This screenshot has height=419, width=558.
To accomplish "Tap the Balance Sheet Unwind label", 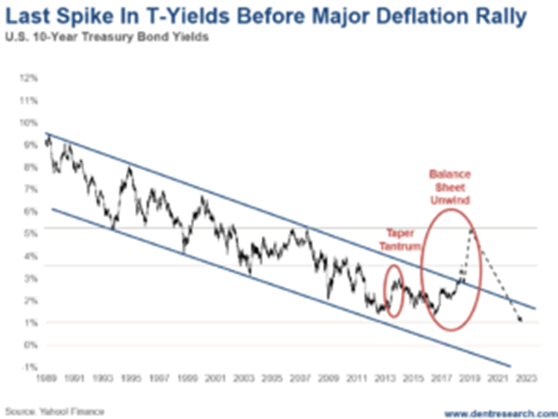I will [x=450, y=186].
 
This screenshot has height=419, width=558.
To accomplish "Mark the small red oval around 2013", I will [x=395, y=291].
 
